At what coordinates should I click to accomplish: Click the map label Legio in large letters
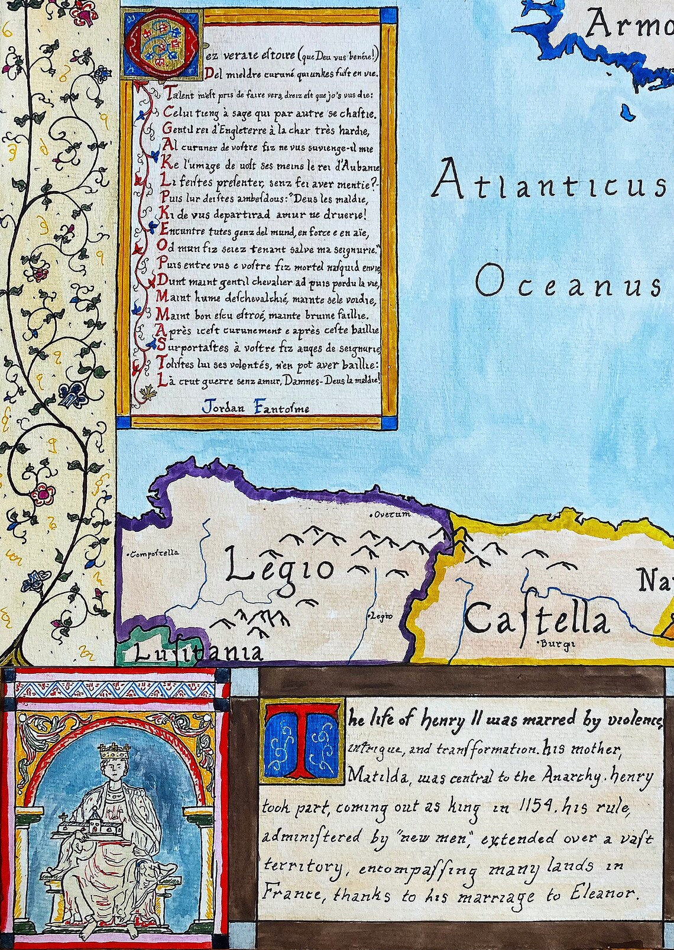click(280, 568)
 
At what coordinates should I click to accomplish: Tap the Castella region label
click(536, 621)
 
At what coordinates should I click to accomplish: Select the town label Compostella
click(154, 554)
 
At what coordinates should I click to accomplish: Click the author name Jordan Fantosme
click(255, 408)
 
